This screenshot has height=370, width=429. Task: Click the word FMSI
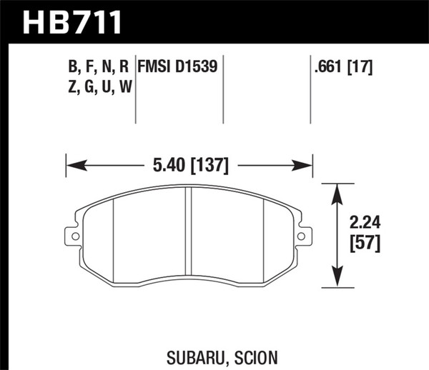(156, 69)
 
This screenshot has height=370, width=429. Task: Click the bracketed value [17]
(363, 69)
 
